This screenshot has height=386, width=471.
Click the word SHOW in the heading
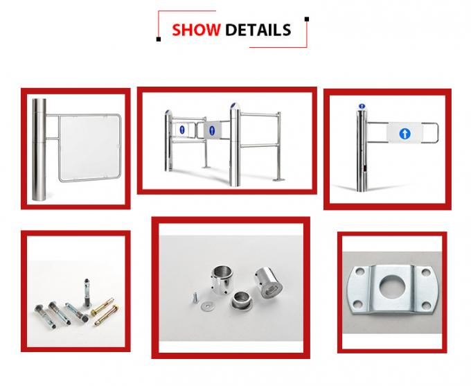196,29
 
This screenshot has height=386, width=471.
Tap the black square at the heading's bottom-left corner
159,39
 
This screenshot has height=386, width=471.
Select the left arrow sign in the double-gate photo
182,129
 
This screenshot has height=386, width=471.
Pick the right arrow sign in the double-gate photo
212,130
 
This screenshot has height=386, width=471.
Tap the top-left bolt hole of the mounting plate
357,274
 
